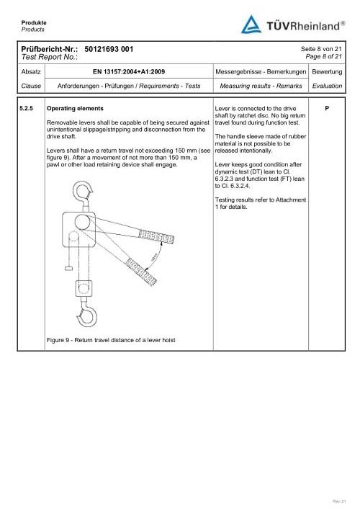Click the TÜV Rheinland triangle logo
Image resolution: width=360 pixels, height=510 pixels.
click(x=251, y=24)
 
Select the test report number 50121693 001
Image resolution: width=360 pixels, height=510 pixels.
click(x=109, y=49)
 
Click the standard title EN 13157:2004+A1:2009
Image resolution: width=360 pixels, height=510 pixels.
click(x=129, y=71)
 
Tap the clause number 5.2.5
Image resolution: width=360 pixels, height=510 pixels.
click(x=27, y=108)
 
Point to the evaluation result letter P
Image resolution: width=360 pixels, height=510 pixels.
click(x=327, y=108)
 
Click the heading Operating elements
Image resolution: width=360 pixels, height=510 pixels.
click(x=75, y=108)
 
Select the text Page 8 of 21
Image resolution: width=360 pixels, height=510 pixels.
click(x=323, y=57)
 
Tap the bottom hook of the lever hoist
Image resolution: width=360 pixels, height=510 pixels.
click(x=87, y=315)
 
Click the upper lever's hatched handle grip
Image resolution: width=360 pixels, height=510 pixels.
click(x=156, y=236)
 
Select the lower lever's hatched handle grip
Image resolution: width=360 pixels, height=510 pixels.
click(x=141, y=272)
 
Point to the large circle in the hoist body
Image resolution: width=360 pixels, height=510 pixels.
click(x=82, y=222)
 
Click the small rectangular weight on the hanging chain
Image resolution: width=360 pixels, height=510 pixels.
click(x=68, y=269)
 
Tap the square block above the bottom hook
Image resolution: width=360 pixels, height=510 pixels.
click(x=84, y=288)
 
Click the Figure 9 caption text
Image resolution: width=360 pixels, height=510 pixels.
click(x=111, y=340)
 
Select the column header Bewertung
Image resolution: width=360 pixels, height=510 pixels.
click(x=327, y=71)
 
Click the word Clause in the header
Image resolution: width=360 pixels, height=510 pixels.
click(x=31, y=86)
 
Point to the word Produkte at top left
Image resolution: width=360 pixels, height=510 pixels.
click(x=34, y=22)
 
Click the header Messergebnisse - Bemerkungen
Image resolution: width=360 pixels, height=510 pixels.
click(x=261, y=71)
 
